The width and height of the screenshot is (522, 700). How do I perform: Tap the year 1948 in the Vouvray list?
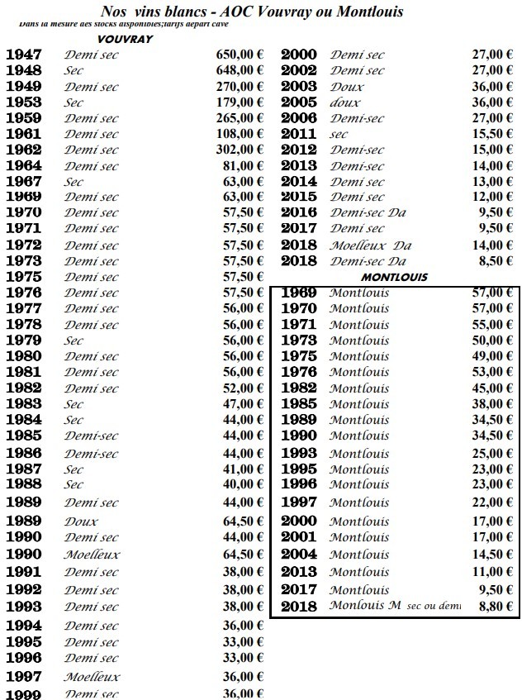[x=24, y=71]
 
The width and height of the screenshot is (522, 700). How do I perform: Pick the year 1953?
[x=24, y=102]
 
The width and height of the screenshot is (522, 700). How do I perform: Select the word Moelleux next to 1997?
[x=92, y=677]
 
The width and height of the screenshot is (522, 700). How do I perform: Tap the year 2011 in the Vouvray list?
[x=299, y=134]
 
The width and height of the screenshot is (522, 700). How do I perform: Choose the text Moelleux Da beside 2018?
[x=370, y=245]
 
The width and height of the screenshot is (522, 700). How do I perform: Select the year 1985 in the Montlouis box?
[x=299, y=404]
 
